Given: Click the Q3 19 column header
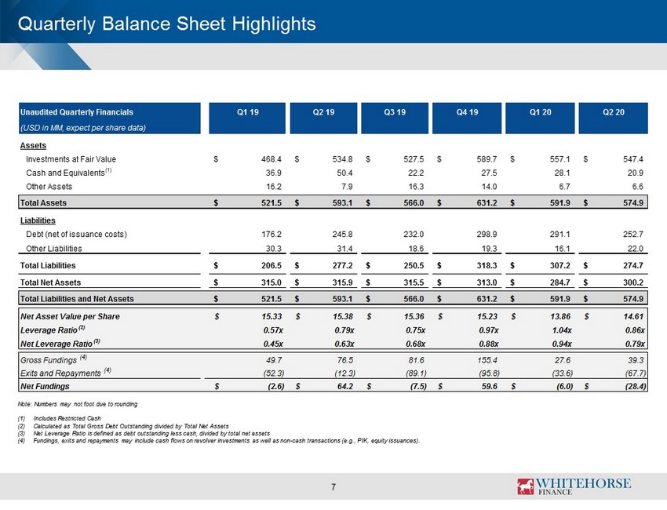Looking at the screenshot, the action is [x=395, y=112].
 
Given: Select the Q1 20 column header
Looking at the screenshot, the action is [x=540, y=112].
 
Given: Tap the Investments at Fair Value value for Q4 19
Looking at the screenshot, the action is [x=487, y=159].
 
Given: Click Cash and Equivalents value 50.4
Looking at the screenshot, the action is [x=344, y=173].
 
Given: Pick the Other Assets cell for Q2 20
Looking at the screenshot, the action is [x=638, y=186].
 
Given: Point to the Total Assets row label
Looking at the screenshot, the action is [x=43, y=203].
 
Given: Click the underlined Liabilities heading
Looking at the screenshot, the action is [x=38, y=220].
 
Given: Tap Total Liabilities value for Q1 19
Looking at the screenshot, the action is [x=272, y=265].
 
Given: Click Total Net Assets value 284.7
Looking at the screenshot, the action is [x=559, y=282].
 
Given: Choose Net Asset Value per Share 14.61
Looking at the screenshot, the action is [x=633, y=316].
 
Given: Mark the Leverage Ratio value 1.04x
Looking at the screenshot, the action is [x=562, y=330].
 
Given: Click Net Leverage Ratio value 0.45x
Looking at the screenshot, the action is [x=272, y=344].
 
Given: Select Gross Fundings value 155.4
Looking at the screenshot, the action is [x=487, y=360].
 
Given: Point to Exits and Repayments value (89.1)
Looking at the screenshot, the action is [x=416, y=373].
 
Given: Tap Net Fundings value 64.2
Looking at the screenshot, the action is [x=344, y=386].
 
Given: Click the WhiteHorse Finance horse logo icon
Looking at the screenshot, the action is [x=526, y=486].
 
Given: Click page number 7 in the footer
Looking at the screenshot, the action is [x=333, y=487].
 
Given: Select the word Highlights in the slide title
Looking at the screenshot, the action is [x=274, y=24].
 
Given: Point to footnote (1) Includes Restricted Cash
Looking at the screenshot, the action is [x=59, y=418].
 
